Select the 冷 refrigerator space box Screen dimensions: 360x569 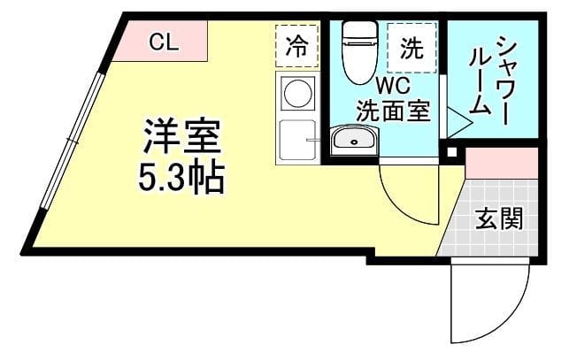[x=297, y=47]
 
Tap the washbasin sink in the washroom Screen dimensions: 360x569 [x=353, y=140]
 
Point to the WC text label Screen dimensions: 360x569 [x=392, y=87]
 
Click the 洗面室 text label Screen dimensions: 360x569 [x=392, y=111]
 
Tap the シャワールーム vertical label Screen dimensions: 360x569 [x=494, y=75]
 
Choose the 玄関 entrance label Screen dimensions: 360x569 [x=497, y=218]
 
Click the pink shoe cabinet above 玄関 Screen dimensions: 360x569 [x=501, y=164]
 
